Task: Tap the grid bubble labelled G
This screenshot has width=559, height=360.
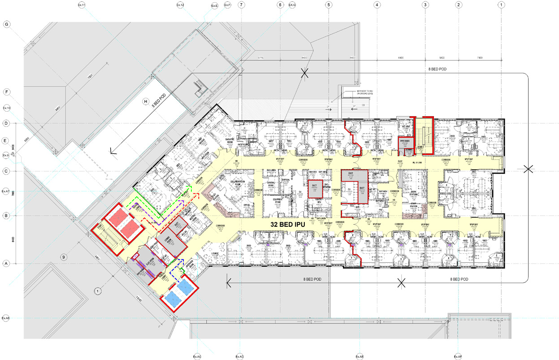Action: click(7, 24)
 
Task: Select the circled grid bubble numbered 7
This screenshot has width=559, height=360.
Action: click(242, 5)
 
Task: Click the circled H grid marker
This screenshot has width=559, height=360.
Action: click(145, 101)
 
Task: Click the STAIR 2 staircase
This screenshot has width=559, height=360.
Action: click(424, 134)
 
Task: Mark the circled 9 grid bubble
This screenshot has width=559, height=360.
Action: click(64, 257)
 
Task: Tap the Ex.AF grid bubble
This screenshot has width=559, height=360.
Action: click(457, 356)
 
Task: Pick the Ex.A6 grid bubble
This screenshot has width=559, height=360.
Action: click(6, 318)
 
